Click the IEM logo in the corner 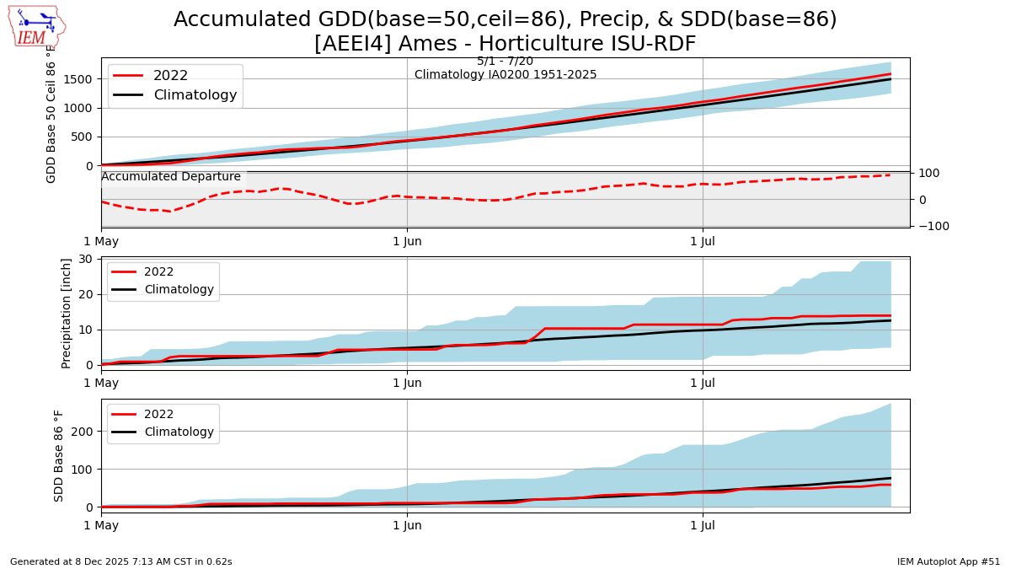35,26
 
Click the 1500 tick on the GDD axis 78,78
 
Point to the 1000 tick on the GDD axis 78,108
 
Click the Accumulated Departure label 171,177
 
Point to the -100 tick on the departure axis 927,226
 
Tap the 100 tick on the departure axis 927,173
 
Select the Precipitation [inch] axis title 67,313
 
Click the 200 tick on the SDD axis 83,431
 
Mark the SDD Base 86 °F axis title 59,455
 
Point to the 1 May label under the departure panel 101,242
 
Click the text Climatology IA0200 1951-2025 505,75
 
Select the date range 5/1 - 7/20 505,62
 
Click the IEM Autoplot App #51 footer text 949,561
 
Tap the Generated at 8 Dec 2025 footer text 121,561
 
